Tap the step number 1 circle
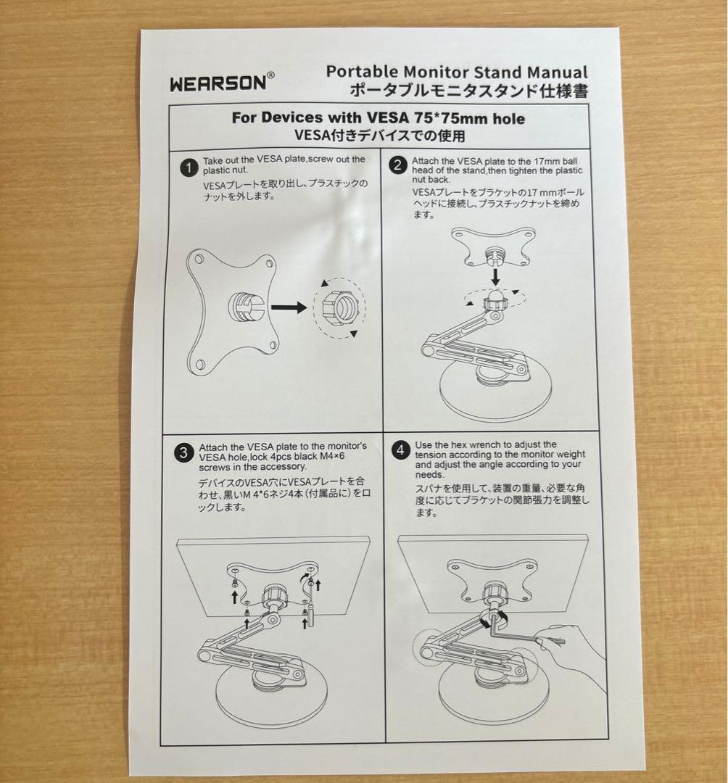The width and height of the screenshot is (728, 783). pyautogui.click(x=187, y=168)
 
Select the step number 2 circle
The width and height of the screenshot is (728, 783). pyautogui.click(x=397, y=165)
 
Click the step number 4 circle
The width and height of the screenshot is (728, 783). pyautogui.click(x=400, y=450)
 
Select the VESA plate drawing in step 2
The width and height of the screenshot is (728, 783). pyautogui.click(x=491, y=247)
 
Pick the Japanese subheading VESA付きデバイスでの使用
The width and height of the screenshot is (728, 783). pyautogui.click(x=379, y=135)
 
